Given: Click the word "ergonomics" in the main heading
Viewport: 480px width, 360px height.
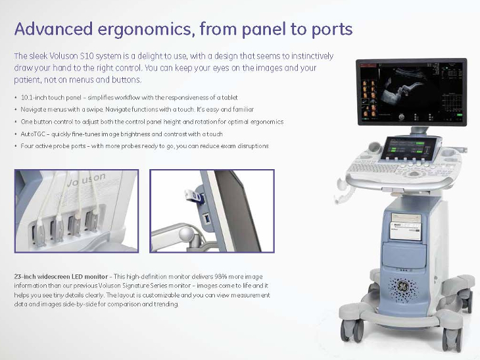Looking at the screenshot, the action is [x=147, y=30].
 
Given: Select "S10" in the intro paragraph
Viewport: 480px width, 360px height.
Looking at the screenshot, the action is [x=87, y=56].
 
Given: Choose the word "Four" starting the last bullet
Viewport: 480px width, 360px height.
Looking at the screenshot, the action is [x=27, y=146].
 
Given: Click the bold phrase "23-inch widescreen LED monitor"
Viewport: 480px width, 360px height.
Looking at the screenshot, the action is [x=60, y=276].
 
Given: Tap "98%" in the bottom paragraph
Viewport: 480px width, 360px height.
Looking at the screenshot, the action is [x=220, y=276].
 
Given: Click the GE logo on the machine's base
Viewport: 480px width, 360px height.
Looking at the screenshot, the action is [x=403, y=286].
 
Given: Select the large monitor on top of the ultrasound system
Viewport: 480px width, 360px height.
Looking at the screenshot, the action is [x=412, y=92].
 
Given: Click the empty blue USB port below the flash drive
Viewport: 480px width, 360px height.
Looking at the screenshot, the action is [x=208, y=219].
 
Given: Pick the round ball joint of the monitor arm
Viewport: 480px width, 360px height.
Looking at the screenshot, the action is [x=187, y=234].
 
